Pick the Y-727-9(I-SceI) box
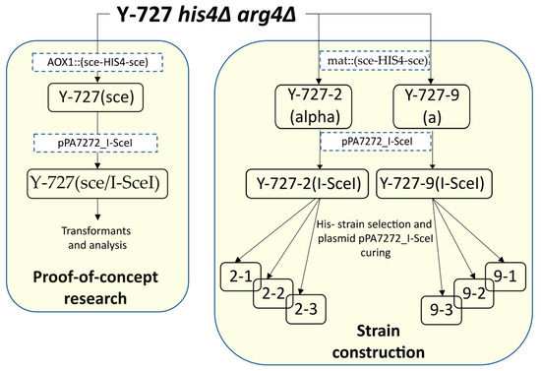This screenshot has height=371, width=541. [x=433, y=183]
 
